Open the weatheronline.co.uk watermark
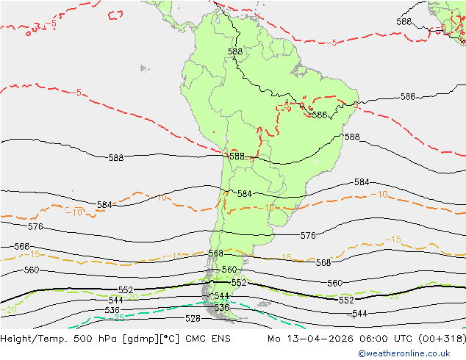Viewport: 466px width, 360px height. [411, 353]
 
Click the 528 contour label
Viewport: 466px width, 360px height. [193, 318]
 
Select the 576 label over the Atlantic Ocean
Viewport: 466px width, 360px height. [308, 236]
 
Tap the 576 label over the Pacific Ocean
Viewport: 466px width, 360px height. [35, 227]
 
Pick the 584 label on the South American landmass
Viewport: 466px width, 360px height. [245, 193]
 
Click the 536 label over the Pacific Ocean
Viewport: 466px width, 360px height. [112, 311]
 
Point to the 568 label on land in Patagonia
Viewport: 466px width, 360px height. [215, 253]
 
